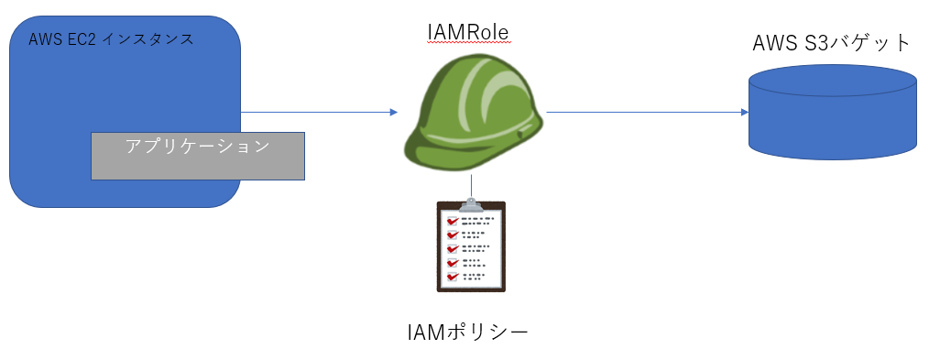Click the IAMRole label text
coord(467,34)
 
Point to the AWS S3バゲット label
coord(832,43)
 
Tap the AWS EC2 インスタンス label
coord(111,39)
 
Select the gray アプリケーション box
coord(197,156)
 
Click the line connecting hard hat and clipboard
coord(471,186)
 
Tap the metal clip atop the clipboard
coord(471,202)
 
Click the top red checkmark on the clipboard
coord(451,221)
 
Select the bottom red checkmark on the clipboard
coord(451,275)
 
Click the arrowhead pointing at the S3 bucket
coord(744,113)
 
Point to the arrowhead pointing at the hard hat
coord(393,113)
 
